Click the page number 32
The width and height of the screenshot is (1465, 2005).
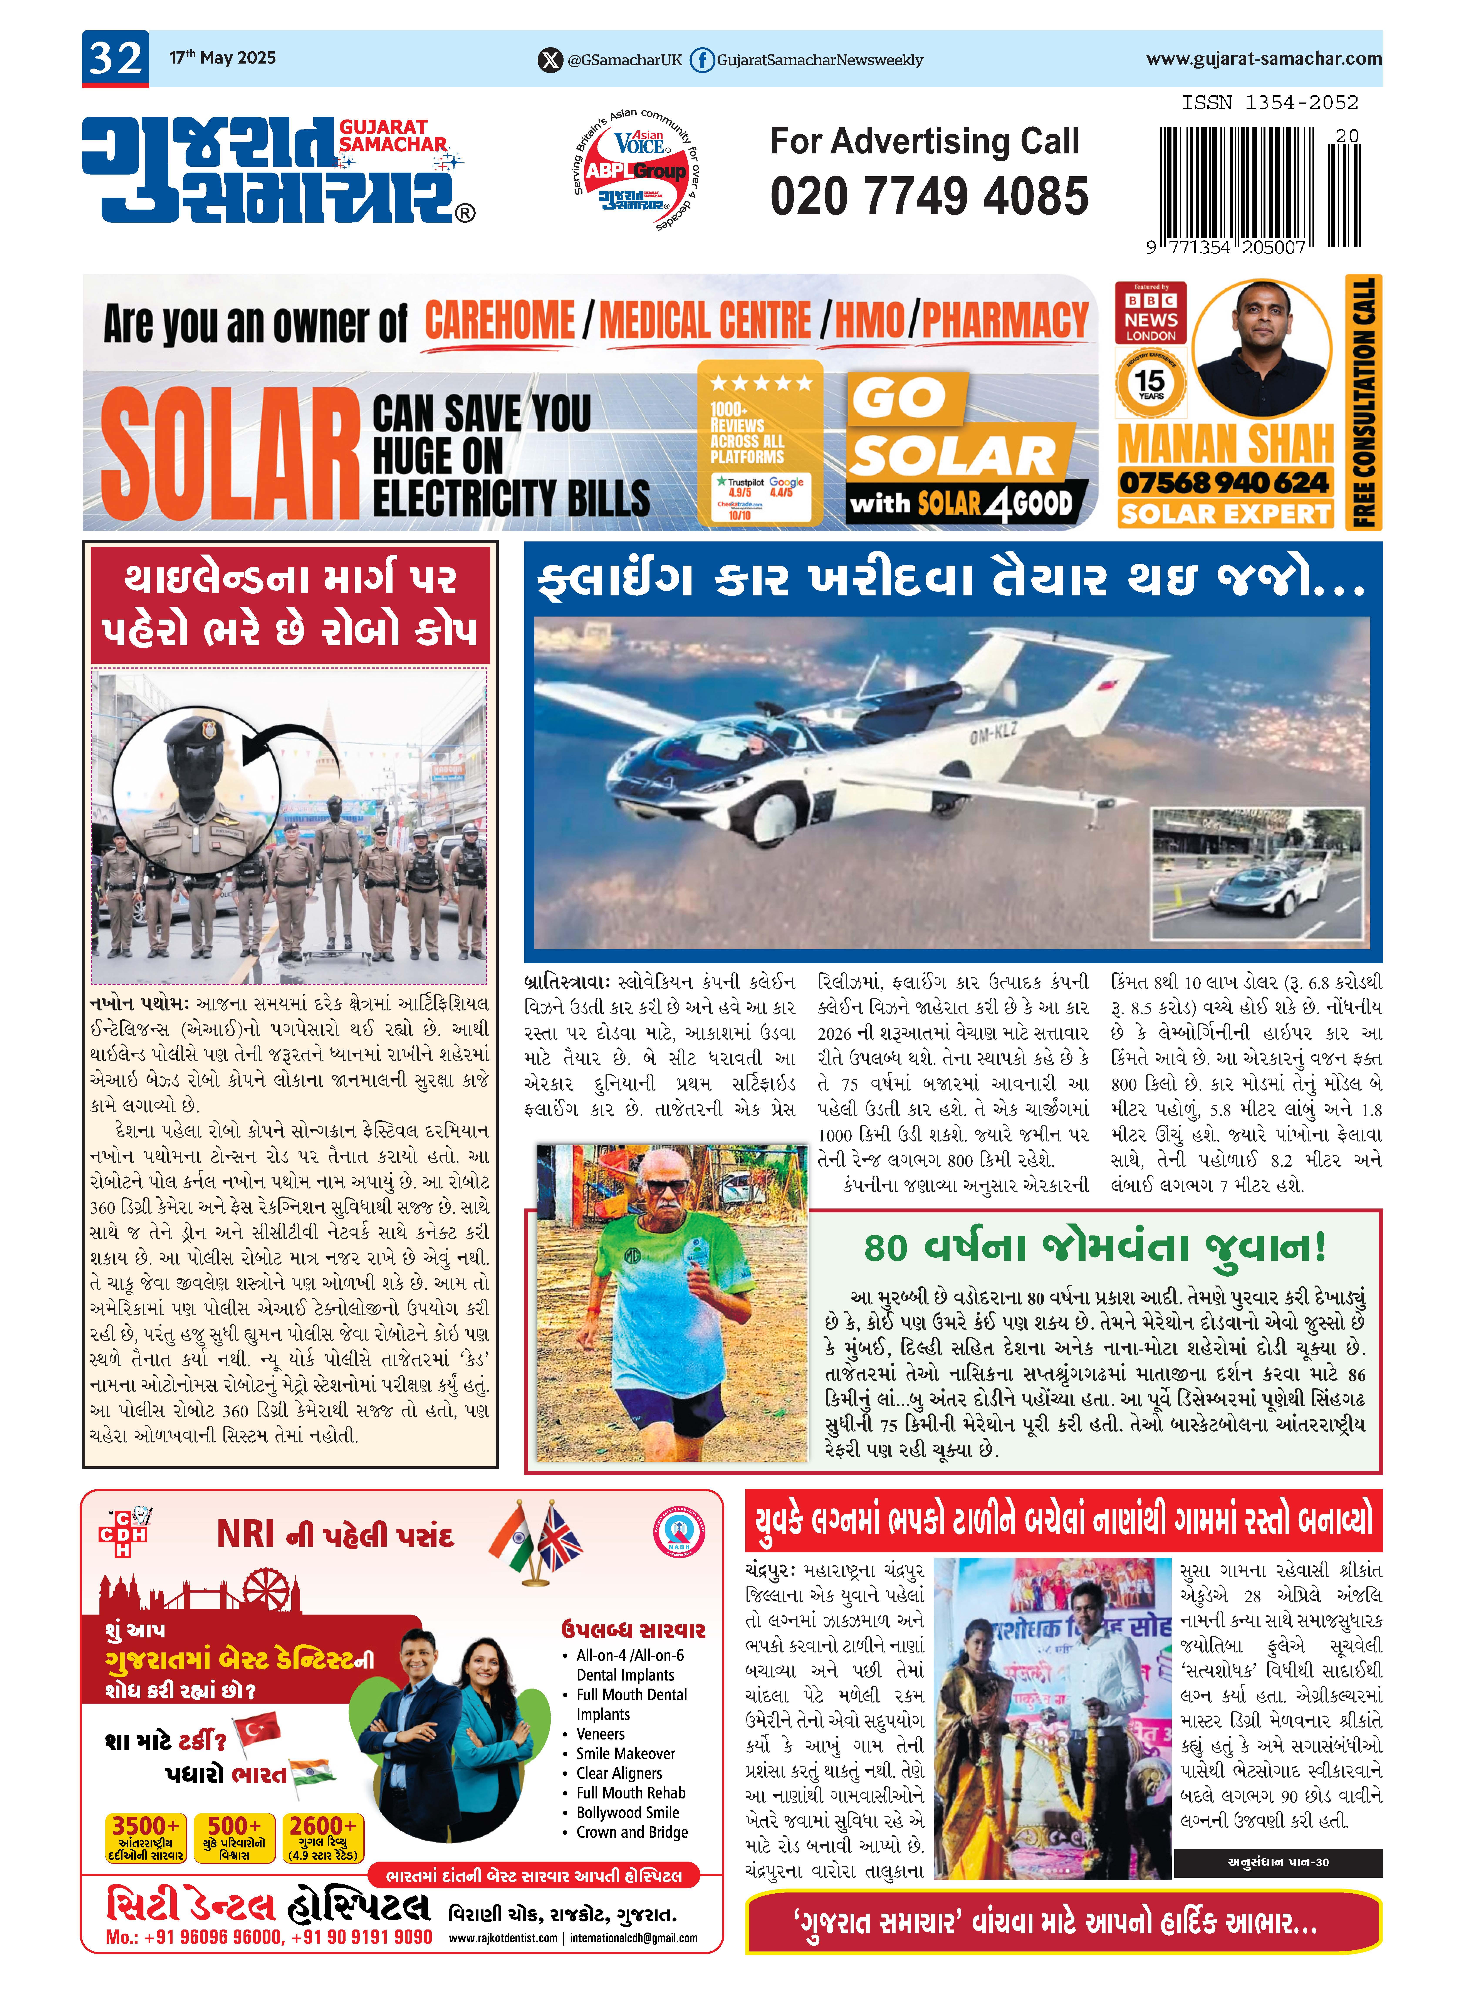115,59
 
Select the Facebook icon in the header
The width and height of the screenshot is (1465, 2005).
701,60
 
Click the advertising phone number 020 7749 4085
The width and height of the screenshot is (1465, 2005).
928,196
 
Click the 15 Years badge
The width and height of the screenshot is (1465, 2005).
1150,383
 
